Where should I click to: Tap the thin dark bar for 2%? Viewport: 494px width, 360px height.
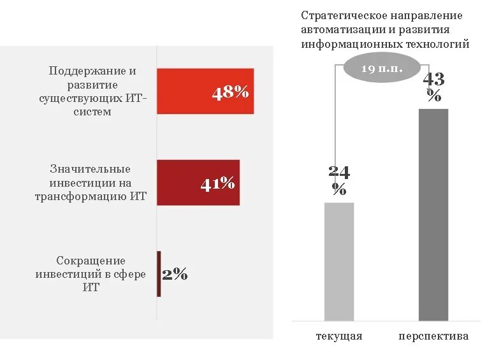point(159,274)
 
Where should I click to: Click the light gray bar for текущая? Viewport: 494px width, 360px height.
point(339,261)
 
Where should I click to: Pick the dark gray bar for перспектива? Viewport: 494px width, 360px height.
point(433,215)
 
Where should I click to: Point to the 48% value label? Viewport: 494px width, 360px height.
point(230,92)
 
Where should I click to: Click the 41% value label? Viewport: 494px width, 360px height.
point(217,184)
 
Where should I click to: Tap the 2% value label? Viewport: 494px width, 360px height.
point(175,275)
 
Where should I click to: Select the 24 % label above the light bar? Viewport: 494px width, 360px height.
point(339,180)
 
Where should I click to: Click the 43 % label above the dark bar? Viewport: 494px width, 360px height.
point(433,87)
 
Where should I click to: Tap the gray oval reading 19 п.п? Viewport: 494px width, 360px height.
point(382,69)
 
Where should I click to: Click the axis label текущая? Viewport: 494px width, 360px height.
point(339,336)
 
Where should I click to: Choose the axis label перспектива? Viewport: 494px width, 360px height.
point(433,336)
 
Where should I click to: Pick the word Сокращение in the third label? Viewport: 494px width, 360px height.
point(91,261)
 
